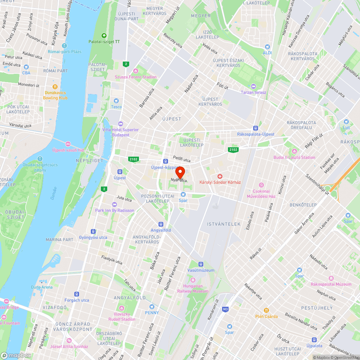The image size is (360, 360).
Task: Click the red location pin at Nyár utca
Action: coord(180,171)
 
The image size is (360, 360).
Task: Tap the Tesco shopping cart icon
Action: coord(116,101)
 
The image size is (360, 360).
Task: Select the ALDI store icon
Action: coord(267,47)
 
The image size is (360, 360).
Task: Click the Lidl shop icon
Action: coord(346,122)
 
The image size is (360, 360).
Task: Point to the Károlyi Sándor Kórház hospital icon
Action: coord(220,176)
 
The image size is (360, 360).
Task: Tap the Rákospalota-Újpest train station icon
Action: coord(256,128)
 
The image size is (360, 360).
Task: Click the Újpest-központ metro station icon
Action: coord(166,161)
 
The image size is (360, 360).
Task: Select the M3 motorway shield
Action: coord(226,309)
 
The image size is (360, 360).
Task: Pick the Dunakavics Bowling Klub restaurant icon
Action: coord(55,87)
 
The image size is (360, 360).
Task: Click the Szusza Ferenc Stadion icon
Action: coord(135,71)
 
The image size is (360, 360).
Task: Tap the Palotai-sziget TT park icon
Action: coord(104,36)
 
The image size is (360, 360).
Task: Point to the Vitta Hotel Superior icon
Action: coord(120,124)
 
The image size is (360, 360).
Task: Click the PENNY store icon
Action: coord(152,307)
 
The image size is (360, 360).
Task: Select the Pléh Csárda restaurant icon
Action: coord(266,310)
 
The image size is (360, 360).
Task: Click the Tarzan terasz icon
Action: coord(253,86)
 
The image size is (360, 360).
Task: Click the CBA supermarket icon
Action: coord(26,67)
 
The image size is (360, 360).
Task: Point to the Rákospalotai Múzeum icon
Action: coord(331,278)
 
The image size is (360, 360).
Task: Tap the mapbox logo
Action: coord(16,355)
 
